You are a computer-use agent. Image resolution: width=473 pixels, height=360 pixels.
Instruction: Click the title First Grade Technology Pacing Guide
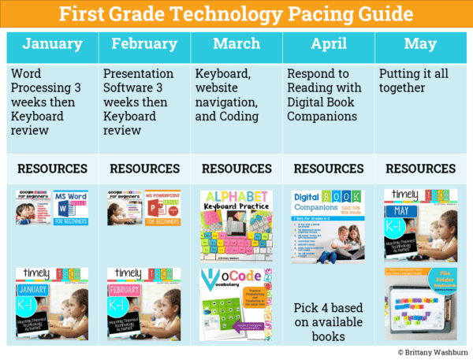236,15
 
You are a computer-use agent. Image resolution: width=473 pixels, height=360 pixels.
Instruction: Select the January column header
52,46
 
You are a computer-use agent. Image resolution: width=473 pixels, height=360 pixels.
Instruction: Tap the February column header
144,46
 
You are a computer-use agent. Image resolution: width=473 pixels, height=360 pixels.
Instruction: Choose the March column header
236,46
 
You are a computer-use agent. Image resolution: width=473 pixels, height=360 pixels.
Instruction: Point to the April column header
328,46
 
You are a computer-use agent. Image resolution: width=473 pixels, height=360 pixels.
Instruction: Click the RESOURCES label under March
236,169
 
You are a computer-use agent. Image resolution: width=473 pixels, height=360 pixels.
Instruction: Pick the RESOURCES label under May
420,169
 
